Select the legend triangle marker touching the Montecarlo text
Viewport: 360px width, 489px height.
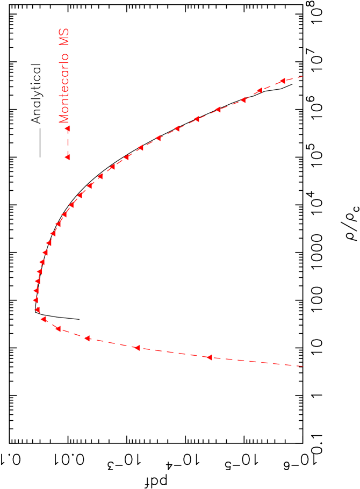(68, 128)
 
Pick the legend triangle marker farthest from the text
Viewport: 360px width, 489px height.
(68, 157)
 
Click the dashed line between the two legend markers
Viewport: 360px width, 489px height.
(68, 143)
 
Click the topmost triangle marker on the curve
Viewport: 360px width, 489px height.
(282, 81)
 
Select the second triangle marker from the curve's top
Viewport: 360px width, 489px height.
(258, 90)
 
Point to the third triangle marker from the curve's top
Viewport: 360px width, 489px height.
(243, 99)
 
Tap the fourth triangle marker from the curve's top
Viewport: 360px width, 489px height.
(218, 110)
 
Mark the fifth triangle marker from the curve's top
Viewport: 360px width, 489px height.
(197, 119)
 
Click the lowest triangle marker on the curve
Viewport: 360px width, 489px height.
(209, 357)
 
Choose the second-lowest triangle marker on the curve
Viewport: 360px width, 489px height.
(137, 348)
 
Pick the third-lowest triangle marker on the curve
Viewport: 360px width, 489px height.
(87, 339)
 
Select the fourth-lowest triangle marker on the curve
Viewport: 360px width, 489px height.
(58, 328)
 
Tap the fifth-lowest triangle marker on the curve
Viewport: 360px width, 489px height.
(44, 319)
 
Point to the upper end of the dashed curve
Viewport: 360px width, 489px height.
(304, 76)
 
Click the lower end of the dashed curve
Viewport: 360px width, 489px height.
(304, 366)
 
